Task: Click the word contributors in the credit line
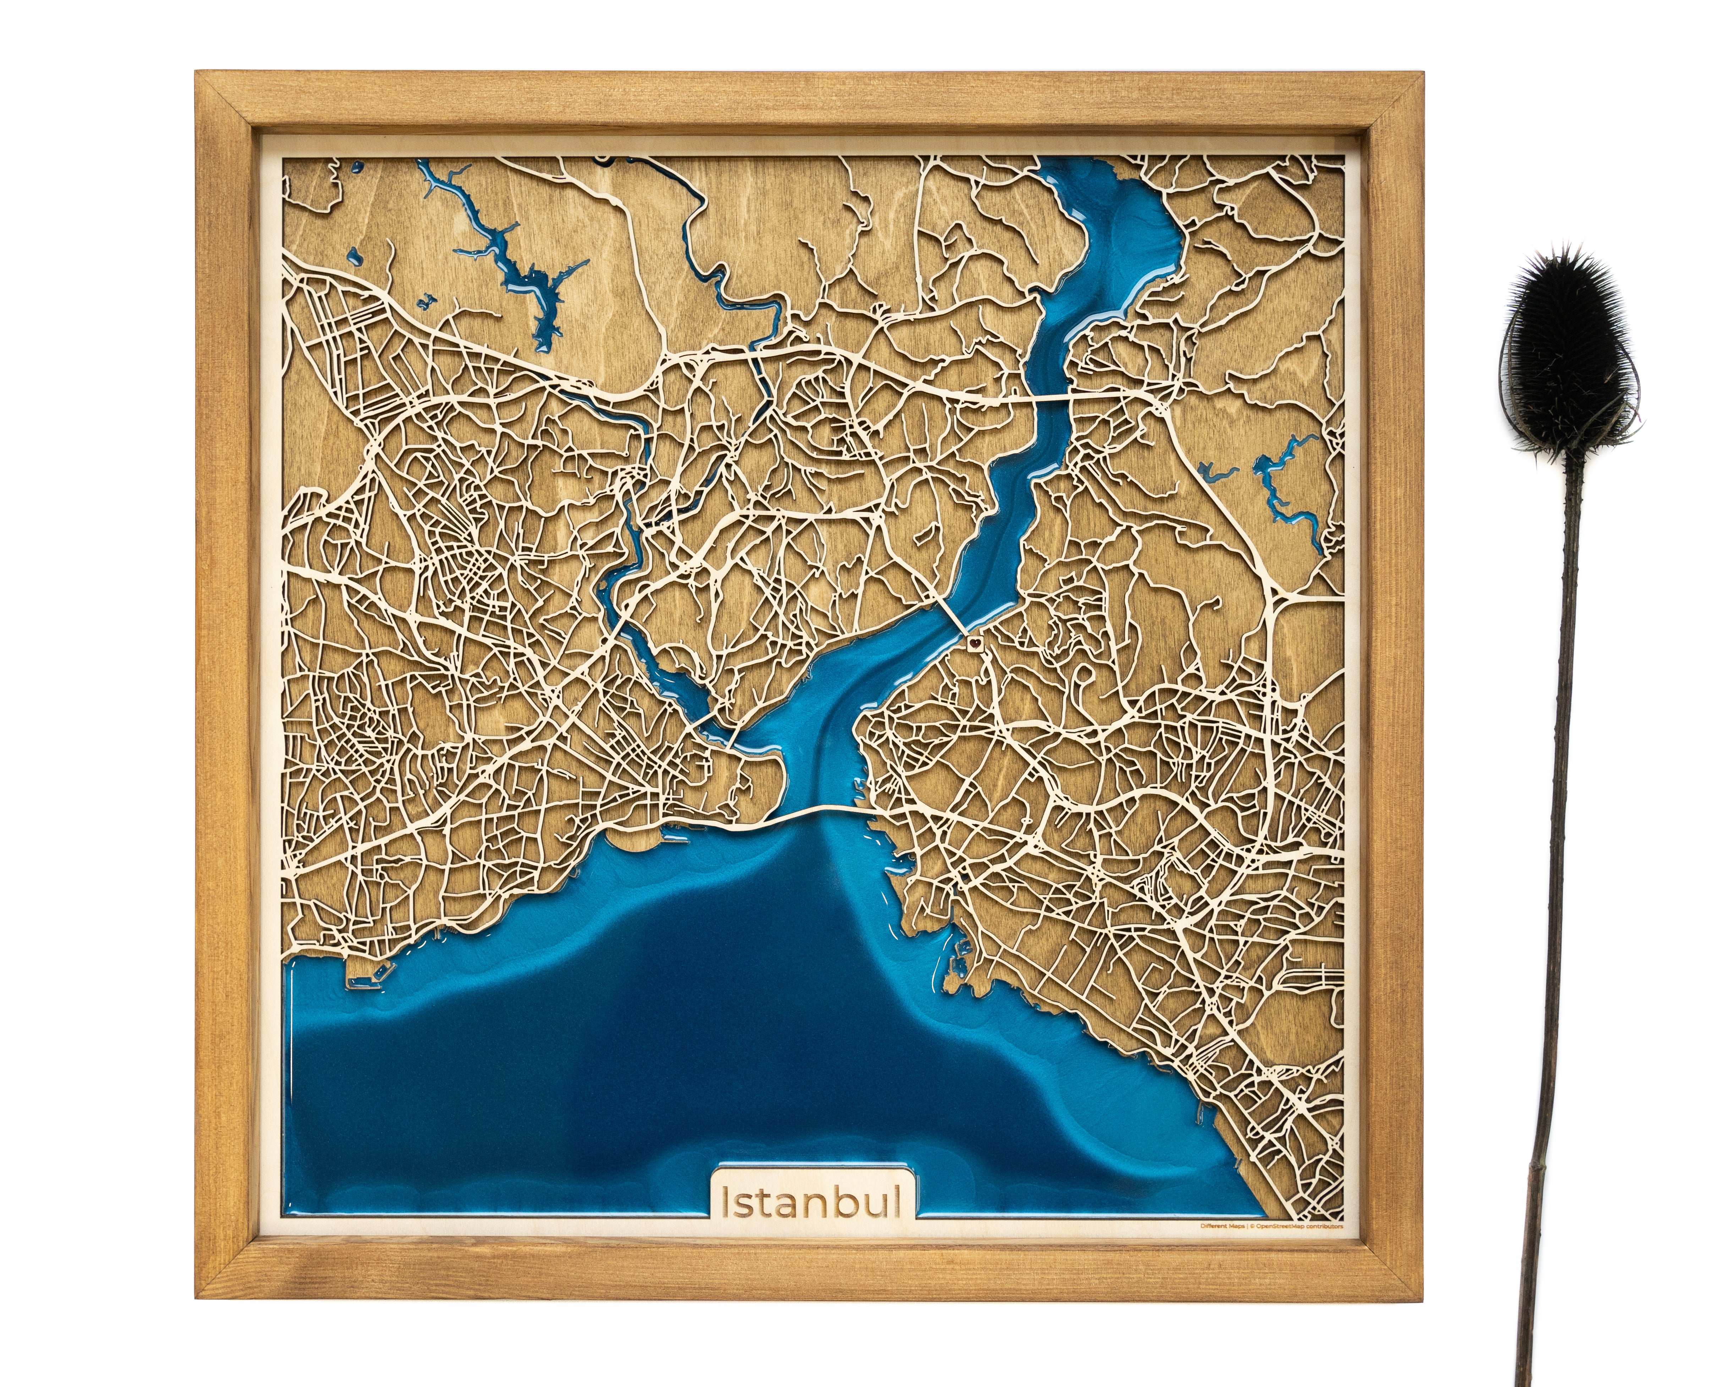pos(1326,1249)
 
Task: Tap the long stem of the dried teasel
pos(1555,885)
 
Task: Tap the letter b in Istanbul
pos(854,1201)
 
